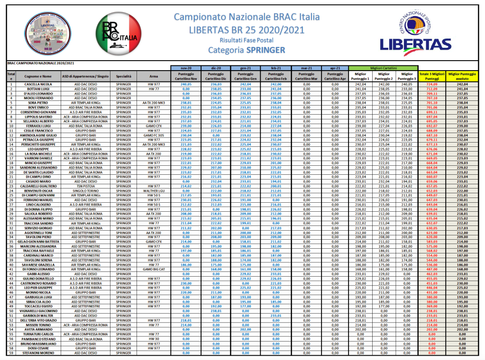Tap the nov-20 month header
185,68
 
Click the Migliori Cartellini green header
383,68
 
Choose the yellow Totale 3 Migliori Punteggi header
431,76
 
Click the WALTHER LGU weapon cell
153,191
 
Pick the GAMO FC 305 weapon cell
153,135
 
